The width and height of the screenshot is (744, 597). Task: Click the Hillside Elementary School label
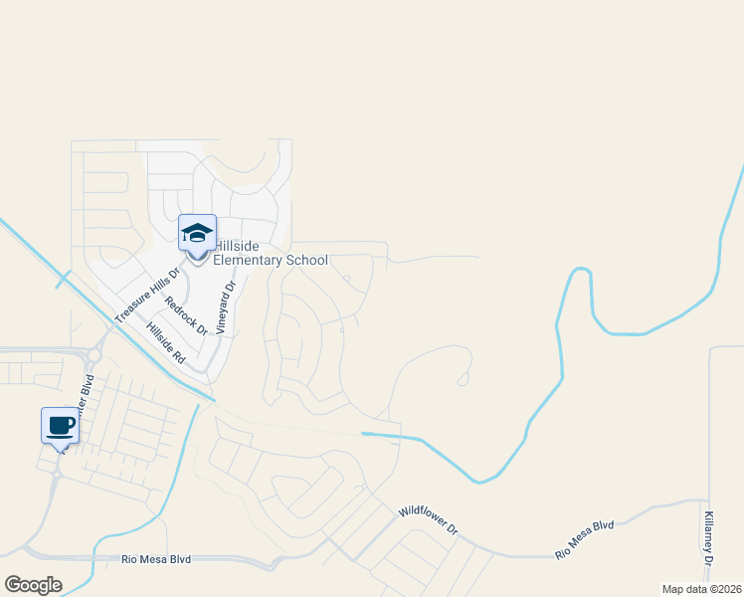click(x=271, y=253)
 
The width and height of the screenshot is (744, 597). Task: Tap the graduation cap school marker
click(x=197, y=233)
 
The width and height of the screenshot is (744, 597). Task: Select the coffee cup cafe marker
click(x=60, y=425)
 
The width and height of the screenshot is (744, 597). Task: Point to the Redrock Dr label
click(x=186, y=314)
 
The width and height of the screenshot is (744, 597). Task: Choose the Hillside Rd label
click(x=166, y=341)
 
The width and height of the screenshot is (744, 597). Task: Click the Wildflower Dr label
click(x=428, y=518)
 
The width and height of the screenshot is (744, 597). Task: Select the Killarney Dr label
click(x=708, y=540)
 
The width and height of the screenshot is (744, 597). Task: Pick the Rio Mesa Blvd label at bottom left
click(x=155, y=560)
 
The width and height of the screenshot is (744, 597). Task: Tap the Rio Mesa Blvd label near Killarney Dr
click(x=585, y=538)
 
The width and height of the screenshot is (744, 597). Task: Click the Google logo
click(x=33, y=584)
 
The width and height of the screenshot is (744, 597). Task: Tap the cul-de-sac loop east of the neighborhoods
click(x=463, y=378)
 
